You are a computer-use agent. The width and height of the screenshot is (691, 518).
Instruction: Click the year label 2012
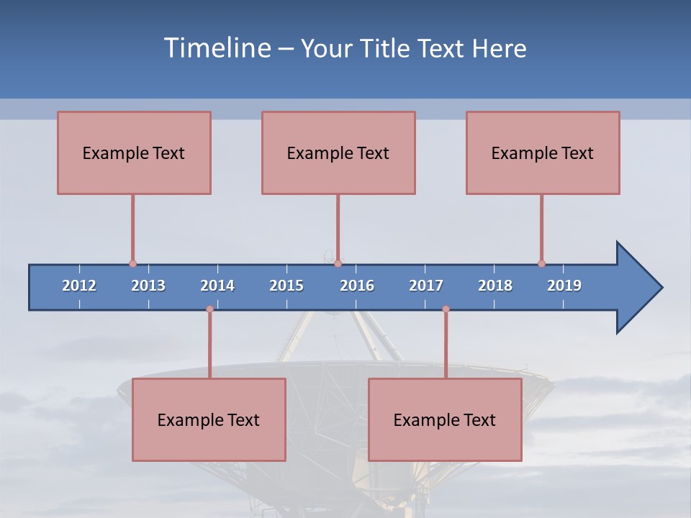click(79, 286)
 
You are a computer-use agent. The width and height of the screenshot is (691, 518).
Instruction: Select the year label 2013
click(148, 286)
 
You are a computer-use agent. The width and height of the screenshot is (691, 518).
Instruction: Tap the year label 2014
click(217, 286)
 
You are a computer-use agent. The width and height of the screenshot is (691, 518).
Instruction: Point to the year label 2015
click(286, 286)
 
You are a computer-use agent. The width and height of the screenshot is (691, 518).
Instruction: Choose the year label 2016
click(357, 286)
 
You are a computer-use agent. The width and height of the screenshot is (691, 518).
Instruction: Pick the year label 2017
click(426, 286)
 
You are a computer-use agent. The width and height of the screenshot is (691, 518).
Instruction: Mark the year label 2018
click(495, 286)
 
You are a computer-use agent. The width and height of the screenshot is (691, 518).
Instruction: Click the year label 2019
click(564, 286)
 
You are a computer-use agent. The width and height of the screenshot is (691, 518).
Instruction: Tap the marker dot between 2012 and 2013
click(132, 263)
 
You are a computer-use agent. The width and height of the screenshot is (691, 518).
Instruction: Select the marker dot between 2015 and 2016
click(338, 263)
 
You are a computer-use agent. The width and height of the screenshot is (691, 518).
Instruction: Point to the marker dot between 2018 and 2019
click(541, 263)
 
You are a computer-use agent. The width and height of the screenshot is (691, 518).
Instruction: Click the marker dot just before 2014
click(209, 309)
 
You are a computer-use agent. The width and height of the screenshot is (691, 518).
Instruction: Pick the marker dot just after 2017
click(446, 309)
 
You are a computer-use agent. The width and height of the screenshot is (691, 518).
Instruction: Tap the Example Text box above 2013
click(134, 153)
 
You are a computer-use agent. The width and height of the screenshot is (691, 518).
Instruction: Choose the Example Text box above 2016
click(338, 153)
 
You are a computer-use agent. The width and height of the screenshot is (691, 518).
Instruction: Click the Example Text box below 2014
click(209, 419)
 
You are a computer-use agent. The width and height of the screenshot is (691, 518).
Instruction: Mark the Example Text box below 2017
click(445, 419)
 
